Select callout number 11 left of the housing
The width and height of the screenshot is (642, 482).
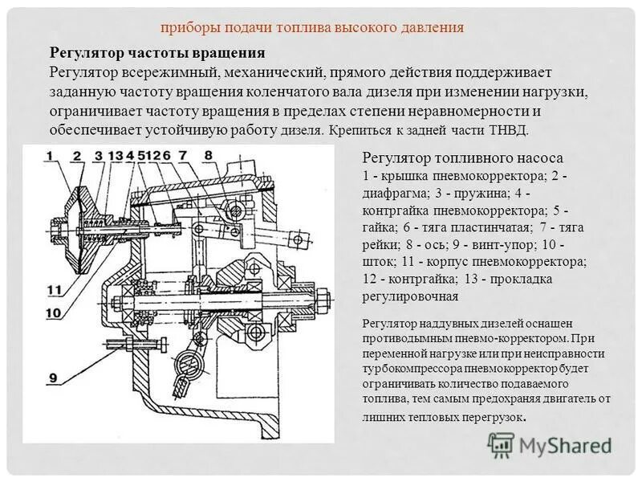(x=53, y=290)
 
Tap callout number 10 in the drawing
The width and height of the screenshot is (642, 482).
(x=53, y=312)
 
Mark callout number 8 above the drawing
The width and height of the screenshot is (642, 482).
(x=207, y=156)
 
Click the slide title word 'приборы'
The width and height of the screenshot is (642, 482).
(x=188, y=27)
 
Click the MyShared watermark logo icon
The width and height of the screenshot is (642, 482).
(x=501, y=443)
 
